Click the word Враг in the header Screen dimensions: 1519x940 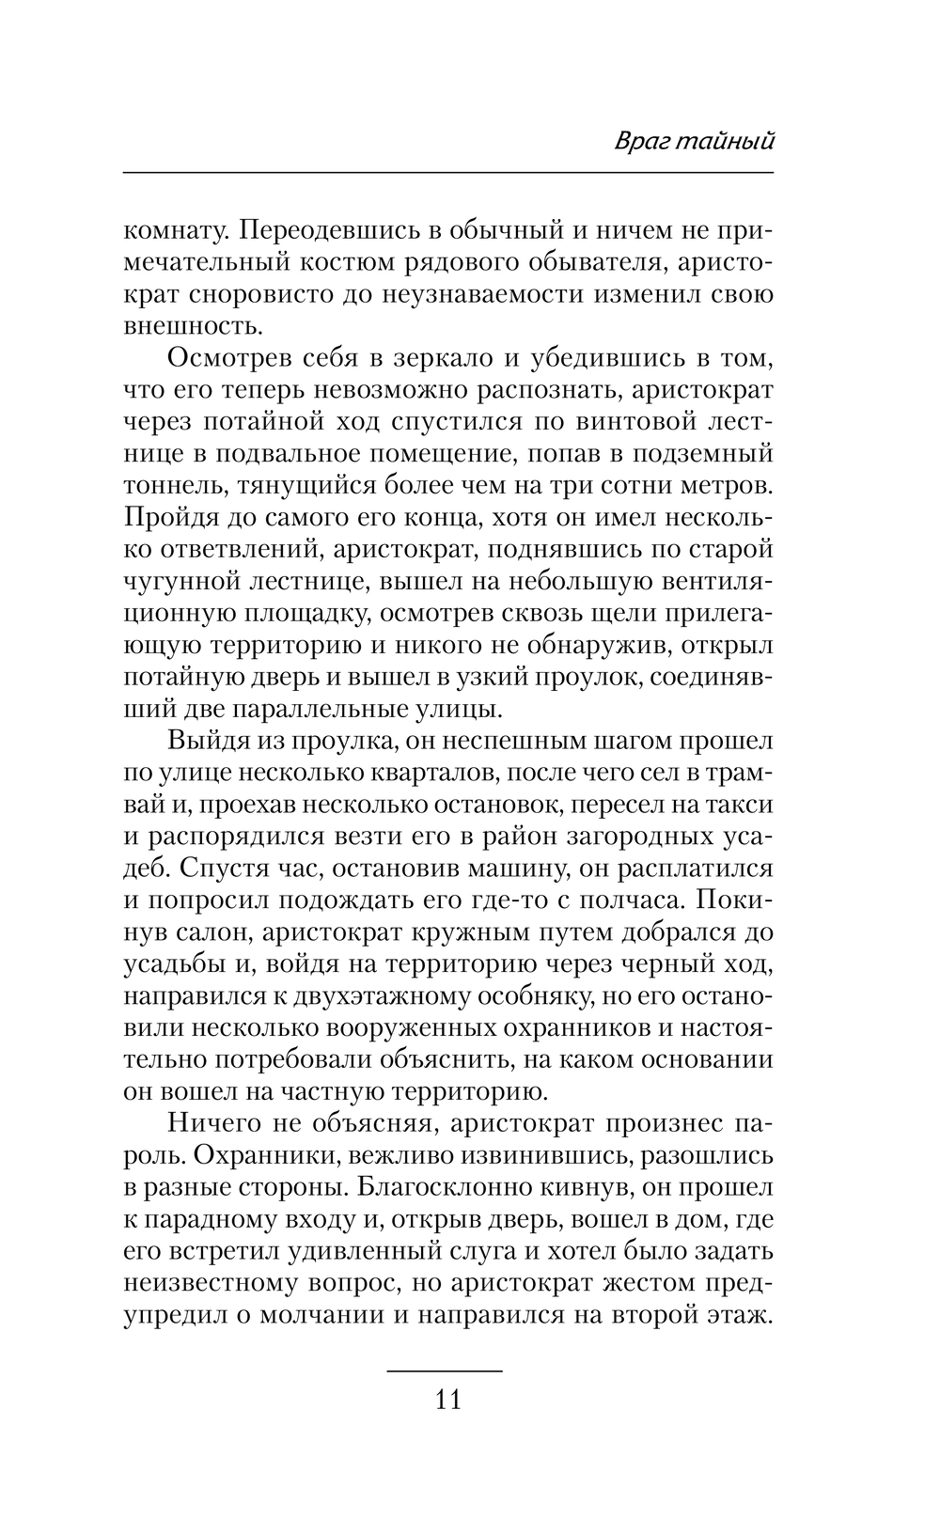point(641,142)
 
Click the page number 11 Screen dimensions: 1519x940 point(448,1399)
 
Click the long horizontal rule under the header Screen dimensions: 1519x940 point(447,173)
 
